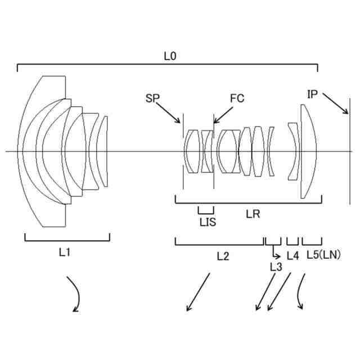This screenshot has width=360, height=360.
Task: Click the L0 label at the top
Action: pyautogui.click(x=170, y=56)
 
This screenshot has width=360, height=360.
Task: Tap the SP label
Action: pyautogui.click(x=152, y=98)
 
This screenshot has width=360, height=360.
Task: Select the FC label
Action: pyautogui.click(x=237, y=98)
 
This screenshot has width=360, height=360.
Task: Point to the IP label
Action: pyautogui.click(x=312, y=94)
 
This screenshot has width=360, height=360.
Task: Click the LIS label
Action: pyautogui.click(x=208, y=222)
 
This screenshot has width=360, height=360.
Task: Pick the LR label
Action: pyautogui.click(x=253, y=214)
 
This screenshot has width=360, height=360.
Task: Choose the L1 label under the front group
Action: pyautogui.click(x=65, y=253)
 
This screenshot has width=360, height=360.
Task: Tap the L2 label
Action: pyautogui.click(x=223, y=256)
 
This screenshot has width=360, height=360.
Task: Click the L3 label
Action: pyautogui.click(x=276, y=267)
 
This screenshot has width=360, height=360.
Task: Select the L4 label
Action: pyautogui.click(x=293, y=256)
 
